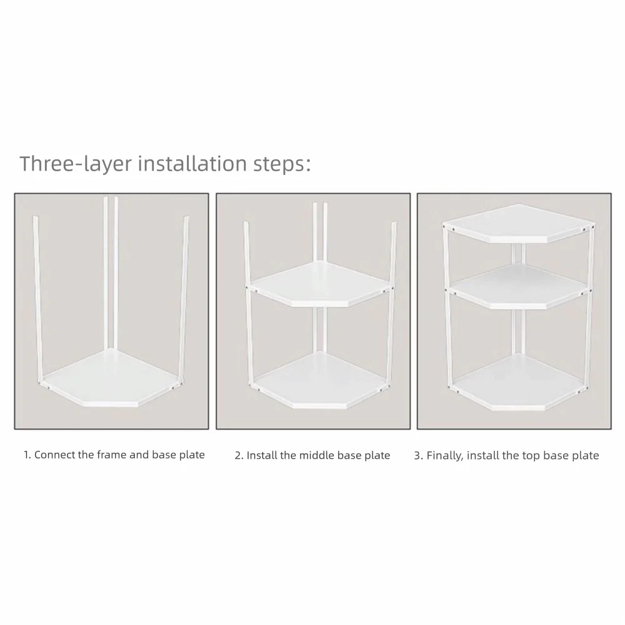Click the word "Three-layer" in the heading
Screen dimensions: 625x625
tap(74, 164)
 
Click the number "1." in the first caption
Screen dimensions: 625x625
tap(27, 455)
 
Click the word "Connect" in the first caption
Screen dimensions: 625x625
tap(55, 455)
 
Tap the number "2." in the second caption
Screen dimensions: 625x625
tap(239, 456)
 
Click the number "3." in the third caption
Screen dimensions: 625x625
tap(418, 456)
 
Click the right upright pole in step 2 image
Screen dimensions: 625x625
tap(391, 312)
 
